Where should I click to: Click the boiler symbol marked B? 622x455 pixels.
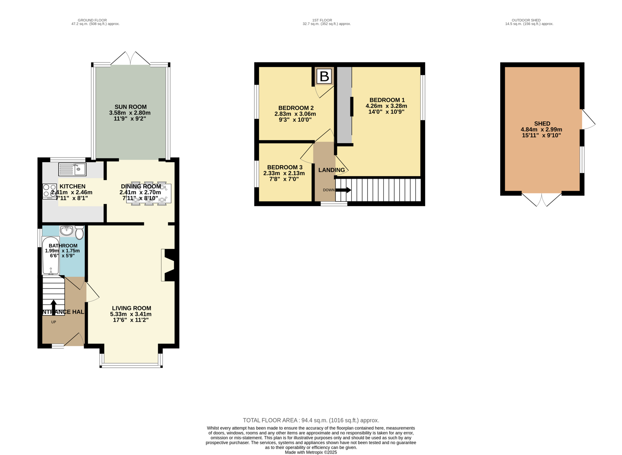(324, 76)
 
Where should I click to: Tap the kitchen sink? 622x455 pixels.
(73, 169)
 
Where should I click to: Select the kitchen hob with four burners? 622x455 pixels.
(49, 191)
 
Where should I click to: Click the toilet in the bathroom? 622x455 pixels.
(79, 232)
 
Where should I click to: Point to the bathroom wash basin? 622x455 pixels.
(67, 230)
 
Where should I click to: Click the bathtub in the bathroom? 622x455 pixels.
(51, 256)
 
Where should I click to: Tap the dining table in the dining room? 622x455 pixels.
(148, 193)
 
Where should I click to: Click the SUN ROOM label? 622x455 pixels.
(130, 107)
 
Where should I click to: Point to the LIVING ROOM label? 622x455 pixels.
(131, 308)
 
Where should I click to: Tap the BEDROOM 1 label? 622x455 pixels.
(387, 100)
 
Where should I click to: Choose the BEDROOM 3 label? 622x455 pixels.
(285, 167)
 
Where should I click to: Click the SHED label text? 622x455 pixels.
(542, 123)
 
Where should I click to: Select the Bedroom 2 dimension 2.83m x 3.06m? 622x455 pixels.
(295, 114)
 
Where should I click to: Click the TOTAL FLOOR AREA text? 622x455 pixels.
(311, 420)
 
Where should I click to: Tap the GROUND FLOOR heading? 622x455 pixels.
(92, 20)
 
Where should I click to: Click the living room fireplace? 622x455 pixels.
(169, 265)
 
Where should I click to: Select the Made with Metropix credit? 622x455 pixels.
(311, 452)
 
